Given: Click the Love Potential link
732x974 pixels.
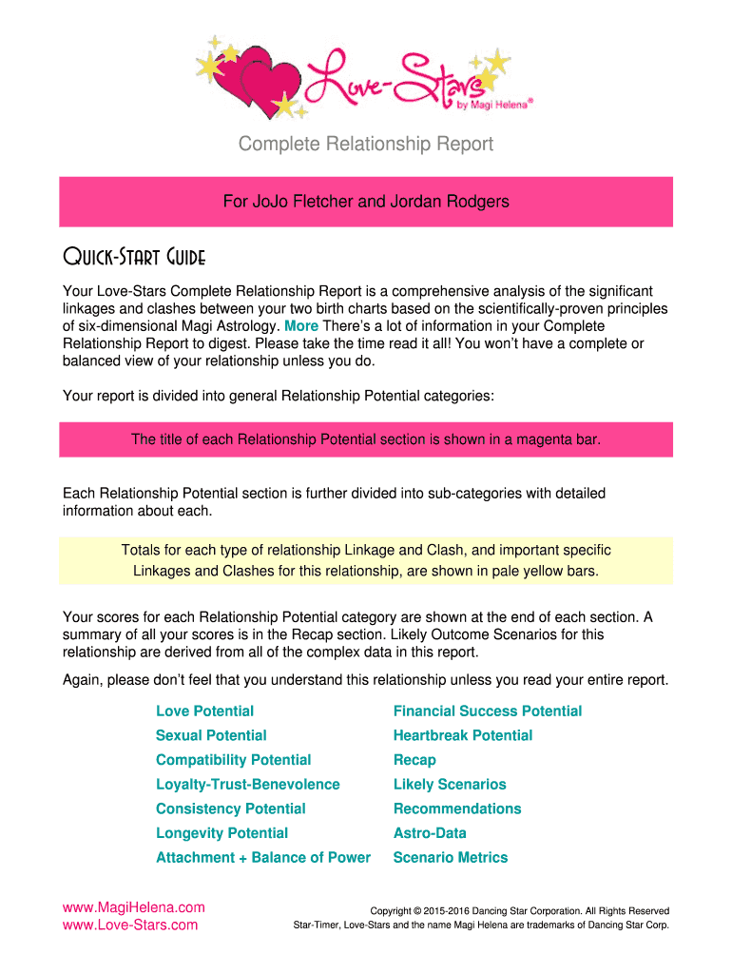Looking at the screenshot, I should tap(204, 711).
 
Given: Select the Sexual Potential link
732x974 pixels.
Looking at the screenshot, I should tap(211, 735).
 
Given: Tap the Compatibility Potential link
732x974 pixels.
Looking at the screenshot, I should tap(233, 760).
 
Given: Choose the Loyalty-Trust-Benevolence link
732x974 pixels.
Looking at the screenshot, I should tap(247, 785).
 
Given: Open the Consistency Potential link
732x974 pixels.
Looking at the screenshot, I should tap(230, 808).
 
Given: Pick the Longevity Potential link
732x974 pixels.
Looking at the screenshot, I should tap(222, 833).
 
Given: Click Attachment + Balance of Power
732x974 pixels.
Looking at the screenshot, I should tap(262, 858).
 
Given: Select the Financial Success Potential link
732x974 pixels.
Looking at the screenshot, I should tap(487, 711).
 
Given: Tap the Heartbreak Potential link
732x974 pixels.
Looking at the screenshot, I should tap(462, 735).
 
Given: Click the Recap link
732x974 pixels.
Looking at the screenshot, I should tap(414, 760).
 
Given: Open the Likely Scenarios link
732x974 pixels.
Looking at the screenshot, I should tap(449, 785).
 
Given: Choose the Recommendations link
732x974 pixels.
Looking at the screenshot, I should tap(456, 808).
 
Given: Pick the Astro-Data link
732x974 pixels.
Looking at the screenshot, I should tap(430, 833).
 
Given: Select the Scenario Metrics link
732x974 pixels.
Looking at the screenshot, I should tap(450, 858).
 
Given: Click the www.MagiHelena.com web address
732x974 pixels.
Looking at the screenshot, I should tap(133, 907).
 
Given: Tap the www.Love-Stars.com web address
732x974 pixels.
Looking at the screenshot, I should tap(129, 925).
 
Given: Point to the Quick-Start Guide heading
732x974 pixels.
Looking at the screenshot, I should tap(133, 258).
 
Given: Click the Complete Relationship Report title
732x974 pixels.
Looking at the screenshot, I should tap(366, 145).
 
